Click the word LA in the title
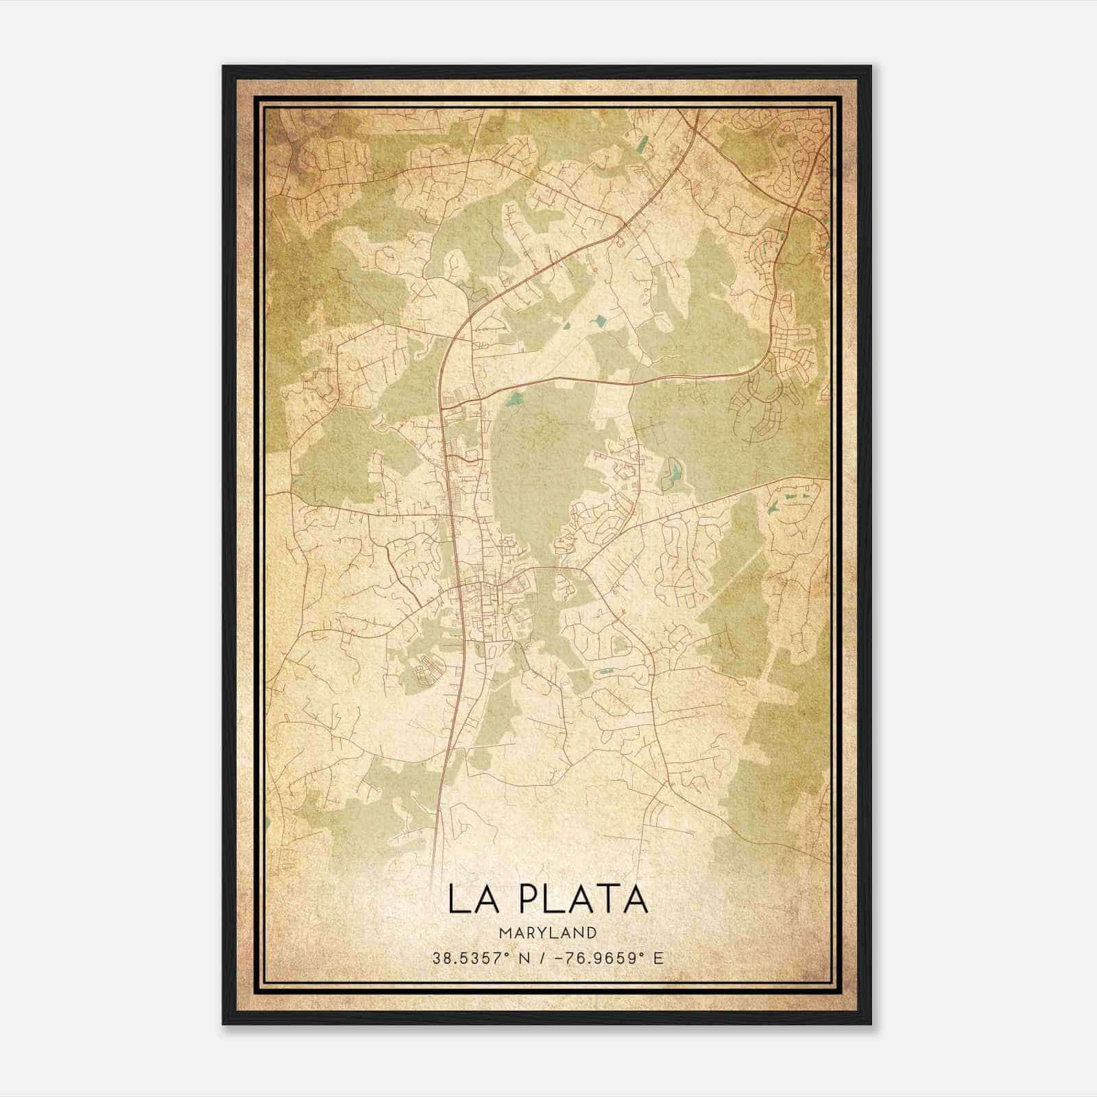[469, 899]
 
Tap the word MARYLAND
[547, 932]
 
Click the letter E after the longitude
[659, 958]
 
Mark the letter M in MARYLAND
[504, 932]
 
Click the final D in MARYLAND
[592, 932]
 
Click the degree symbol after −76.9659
[645, 954]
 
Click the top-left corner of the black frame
[224, 67]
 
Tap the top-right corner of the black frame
[871, 67]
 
